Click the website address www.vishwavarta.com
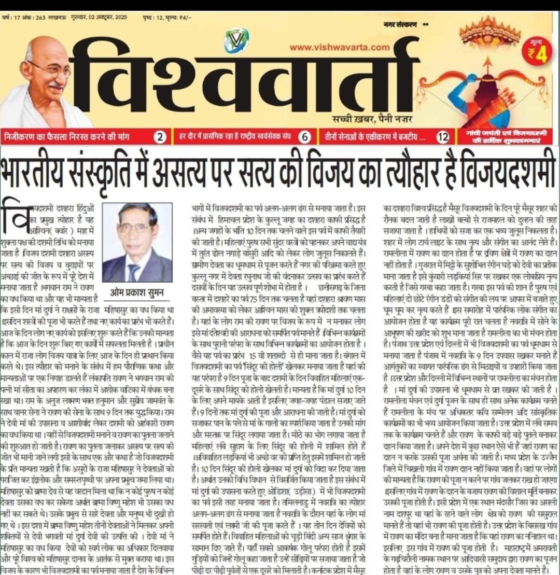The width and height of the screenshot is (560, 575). [339, 47]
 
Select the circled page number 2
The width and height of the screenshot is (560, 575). [161, 137]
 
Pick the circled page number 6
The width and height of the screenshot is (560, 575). [305, 137]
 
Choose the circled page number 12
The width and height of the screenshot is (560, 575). [442, 137]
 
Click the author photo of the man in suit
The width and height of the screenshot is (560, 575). [137, 242]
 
